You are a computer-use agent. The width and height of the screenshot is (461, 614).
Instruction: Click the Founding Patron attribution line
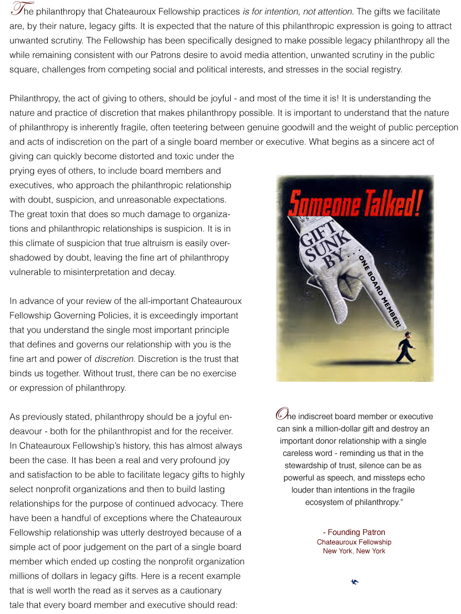354,532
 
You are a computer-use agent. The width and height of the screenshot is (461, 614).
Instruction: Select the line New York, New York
354,551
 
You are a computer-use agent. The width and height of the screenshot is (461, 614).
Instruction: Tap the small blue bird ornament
354,582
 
